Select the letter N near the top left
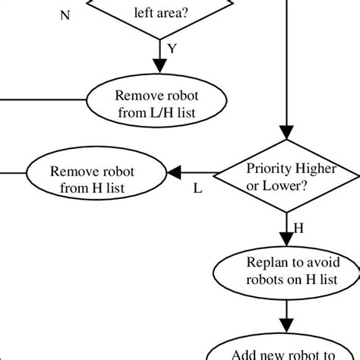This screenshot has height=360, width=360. click(65, 14)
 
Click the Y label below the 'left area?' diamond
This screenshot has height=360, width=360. click(172, 49)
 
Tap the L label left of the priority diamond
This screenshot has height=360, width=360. click(197, 189)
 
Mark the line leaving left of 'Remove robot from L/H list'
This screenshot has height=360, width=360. click(46, 99)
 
